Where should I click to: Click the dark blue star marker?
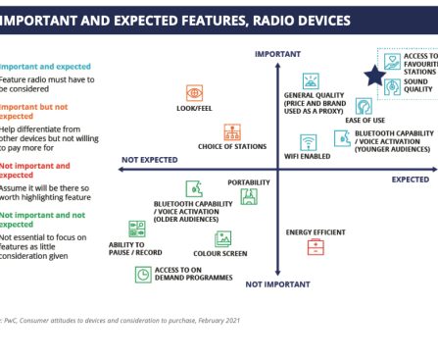(374, 76)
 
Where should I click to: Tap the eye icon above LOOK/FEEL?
(194, 92)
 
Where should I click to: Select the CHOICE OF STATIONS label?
(232, 147)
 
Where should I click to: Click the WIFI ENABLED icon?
(308, 141)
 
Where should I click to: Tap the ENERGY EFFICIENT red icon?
(316, 248)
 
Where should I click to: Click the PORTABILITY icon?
(249, 196)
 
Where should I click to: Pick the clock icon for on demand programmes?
(143, 275)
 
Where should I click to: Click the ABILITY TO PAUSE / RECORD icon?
(136, 229)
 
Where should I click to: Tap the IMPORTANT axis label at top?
(277, 54)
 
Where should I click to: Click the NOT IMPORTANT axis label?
(278, 283)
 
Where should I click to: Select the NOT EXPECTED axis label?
(152, 160)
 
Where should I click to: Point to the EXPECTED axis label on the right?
(411, 180)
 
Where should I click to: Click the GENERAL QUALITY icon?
(311, 81)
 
